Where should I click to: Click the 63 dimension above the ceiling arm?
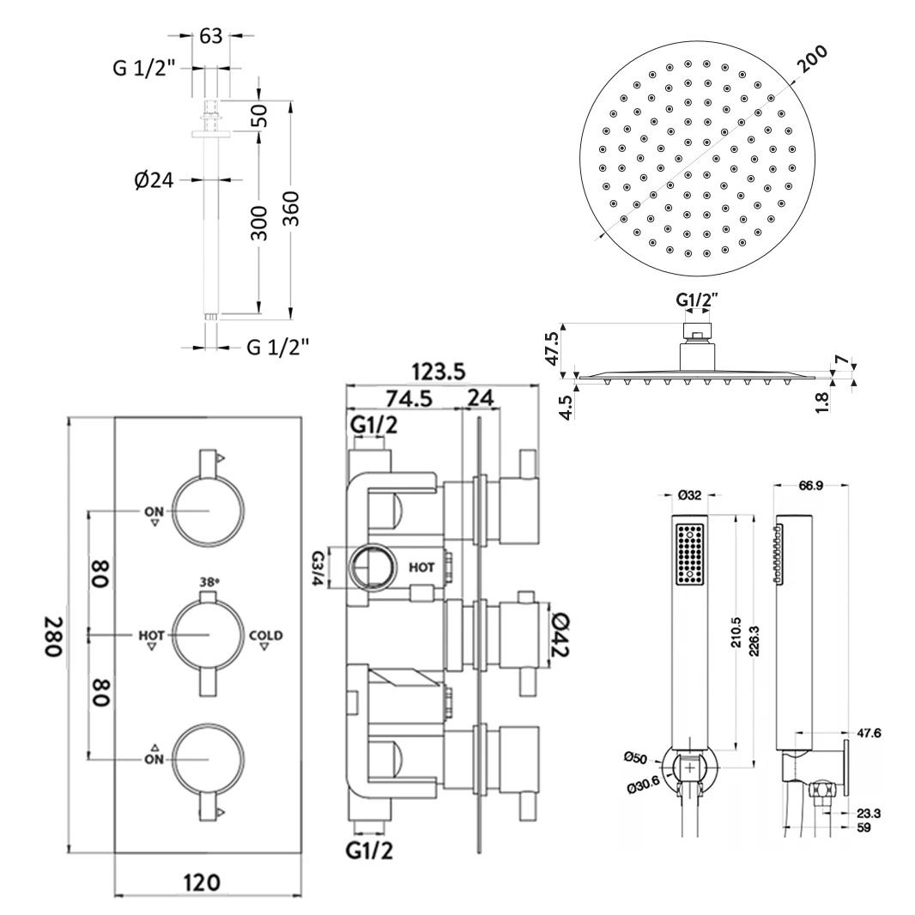[210, 36]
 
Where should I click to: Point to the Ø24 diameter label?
[155, 180]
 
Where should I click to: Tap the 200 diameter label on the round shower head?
[809, 64]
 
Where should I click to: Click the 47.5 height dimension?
[553, 348]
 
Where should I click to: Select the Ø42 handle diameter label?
[560, 636]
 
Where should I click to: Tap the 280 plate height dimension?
[54, 637]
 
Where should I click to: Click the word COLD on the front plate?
[264, 636]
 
